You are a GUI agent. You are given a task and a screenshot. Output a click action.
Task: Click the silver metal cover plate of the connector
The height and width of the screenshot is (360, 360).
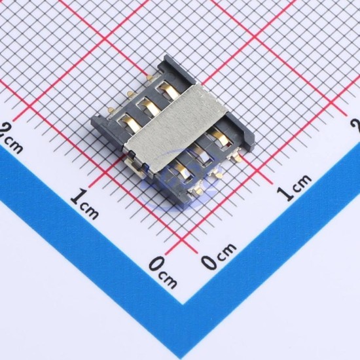[175, 128]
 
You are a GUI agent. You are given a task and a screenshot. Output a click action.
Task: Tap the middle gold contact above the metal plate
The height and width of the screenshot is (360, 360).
[151, 107]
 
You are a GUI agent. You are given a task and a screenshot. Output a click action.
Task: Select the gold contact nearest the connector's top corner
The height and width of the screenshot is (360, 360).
[170, 91]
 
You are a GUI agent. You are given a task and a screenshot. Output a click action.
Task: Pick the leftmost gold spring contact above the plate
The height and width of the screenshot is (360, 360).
[132, 122]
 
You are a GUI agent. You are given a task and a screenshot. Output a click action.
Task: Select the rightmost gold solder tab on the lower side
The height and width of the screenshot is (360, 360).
[236, 158]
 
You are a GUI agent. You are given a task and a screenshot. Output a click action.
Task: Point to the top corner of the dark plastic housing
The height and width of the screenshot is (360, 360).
[166, 55]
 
